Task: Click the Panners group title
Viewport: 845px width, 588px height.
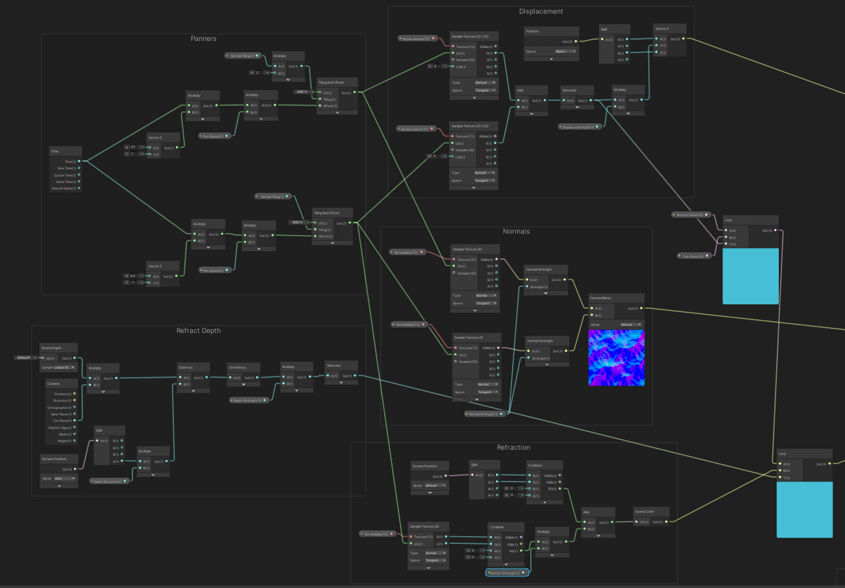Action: [203, 39]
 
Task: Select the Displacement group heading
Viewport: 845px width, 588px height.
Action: [541, 11]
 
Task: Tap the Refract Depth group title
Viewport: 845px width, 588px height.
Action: [198, 330]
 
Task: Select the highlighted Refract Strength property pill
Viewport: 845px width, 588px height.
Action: [508, 573]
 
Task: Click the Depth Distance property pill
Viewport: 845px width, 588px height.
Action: [108, 481]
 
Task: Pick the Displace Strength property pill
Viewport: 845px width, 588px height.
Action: [579, 127]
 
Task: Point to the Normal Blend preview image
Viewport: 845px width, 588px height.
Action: [616, 358]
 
